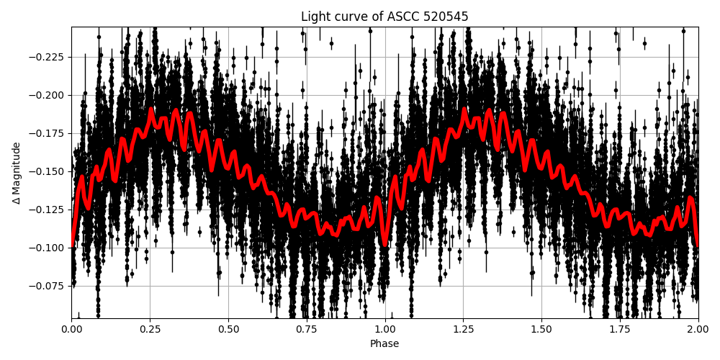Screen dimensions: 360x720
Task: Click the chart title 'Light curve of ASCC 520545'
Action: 384,17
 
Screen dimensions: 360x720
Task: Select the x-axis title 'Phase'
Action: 384,344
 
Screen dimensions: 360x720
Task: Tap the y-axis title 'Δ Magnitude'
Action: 17,173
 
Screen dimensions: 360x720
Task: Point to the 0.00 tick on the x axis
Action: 71,329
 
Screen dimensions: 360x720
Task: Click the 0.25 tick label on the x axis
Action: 150,329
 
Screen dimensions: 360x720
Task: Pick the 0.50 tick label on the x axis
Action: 228,329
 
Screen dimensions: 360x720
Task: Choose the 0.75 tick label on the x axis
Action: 307,329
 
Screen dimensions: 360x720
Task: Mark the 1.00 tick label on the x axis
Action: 384,329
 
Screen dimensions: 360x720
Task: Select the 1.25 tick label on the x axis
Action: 463,329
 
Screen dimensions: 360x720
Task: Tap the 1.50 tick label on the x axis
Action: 541,329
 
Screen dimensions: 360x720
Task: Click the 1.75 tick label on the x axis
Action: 620,329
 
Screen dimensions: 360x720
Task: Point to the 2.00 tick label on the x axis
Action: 698,329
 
